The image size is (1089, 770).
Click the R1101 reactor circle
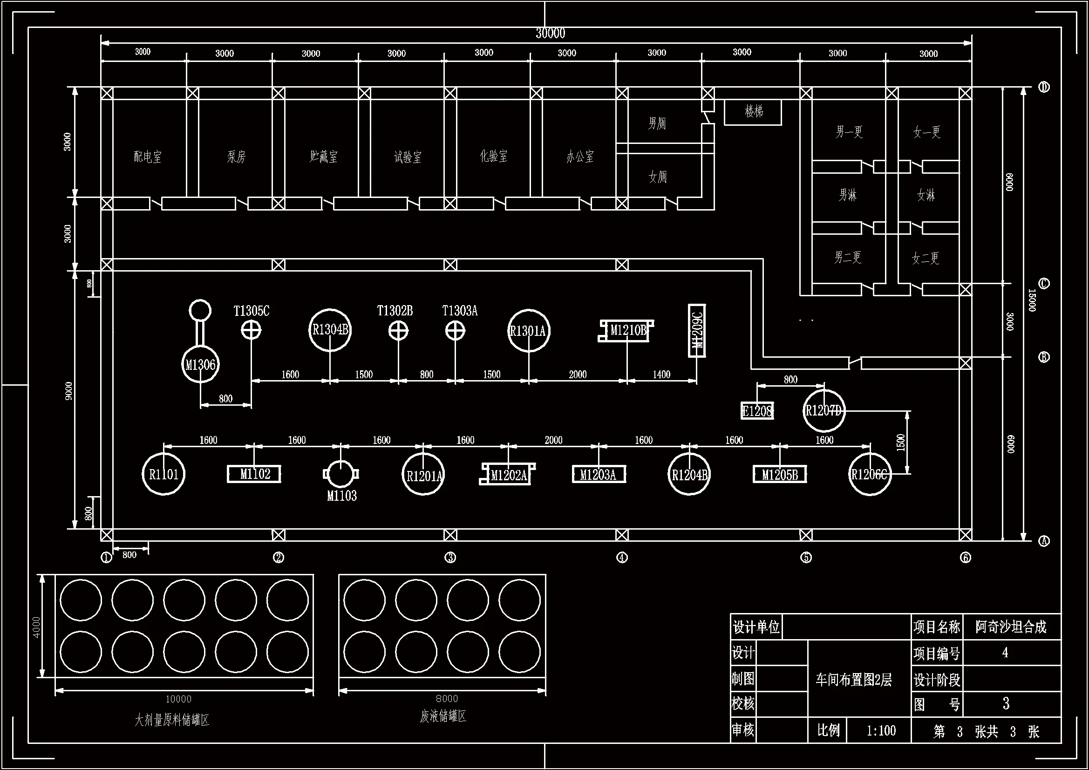(x=163, y=474)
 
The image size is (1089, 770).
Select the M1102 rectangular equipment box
(x=254, y=474)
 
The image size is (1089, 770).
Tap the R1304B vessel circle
(x=330, y=330)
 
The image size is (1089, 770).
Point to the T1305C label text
(x=252, y=311)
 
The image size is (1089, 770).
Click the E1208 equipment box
(x=757, y=411)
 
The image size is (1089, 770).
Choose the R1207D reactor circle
(x=824, y=410)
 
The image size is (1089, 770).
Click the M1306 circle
(x=200, y=364)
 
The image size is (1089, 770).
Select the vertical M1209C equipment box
(x=697, y=331)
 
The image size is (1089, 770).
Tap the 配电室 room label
(x=148, y=157)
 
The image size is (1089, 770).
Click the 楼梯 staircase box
(x=753, y=112)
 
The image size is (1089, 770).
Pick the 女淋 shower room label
(x=926, y=195)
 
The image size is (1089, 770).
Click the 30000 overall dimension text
(x=550, y=33)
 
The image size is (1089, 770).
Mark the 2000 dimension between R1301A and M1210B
(x=578, y=375)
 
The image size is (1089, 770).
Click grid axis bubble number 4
(x=622, y=558)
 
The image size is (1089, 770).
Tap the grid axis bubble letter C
(x=1043, y=284)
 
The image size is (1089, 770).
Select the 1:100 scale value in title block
(x=881, y=730)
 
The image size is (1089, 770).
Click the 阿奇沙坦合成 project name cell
(x=1011, y=627)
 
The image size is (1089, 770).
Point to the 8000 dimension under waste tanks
(x=447, y=698)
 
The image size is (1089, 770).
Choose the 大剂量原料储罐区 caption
(x=172, y=720)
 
